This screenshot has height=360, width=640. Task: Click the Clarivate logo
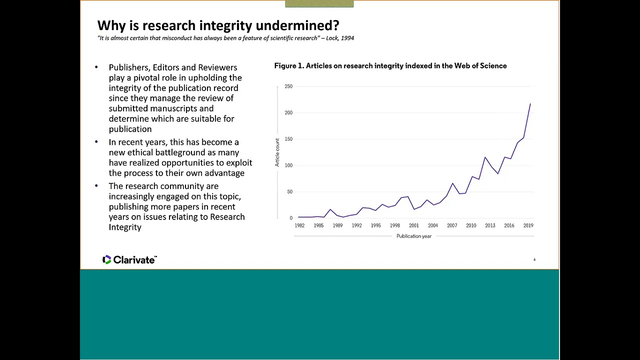tap(129, 259)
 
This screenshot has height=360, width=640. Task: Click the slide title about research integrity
tap(218, 25)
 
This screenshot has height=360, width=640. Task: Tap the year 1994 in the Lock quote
tap(347, 38)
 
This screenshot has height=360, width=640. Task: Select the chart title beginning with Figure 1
tap(390, 66)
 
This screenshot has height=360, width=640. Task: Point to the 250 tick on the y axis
tap(288, 86)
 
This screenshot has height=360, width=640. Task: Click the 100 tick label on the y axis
tap(288, 165)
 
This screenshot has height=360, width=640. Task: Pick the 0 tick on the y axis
tap(290, 218)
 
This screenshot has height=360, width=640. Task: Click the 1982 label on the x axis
tap(299, 225)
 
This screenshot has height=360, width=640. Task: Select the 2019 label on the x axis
tap(528, 225)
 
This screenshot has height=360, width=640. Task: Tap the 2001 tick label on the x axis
tap(414, 225)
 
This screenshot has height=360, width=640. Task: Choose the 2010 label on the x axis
tap(471, 225)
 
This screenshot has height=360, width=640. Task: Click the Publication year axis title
tap(414, 236)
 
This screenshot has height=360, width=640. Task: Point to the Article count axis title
tap(277, 152)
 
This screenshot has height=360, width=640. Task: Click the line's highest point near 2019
tap(530, 103)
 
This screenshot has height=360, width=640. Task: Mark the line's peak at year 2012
tap(484, 157)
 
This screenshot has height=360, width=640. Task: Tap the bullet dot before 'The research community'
tap(96, 186)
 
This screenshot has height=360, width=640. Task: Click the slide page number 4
tap(534, 259)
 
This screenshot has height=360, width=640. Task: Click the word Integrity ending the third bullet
tap(125, 227)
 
